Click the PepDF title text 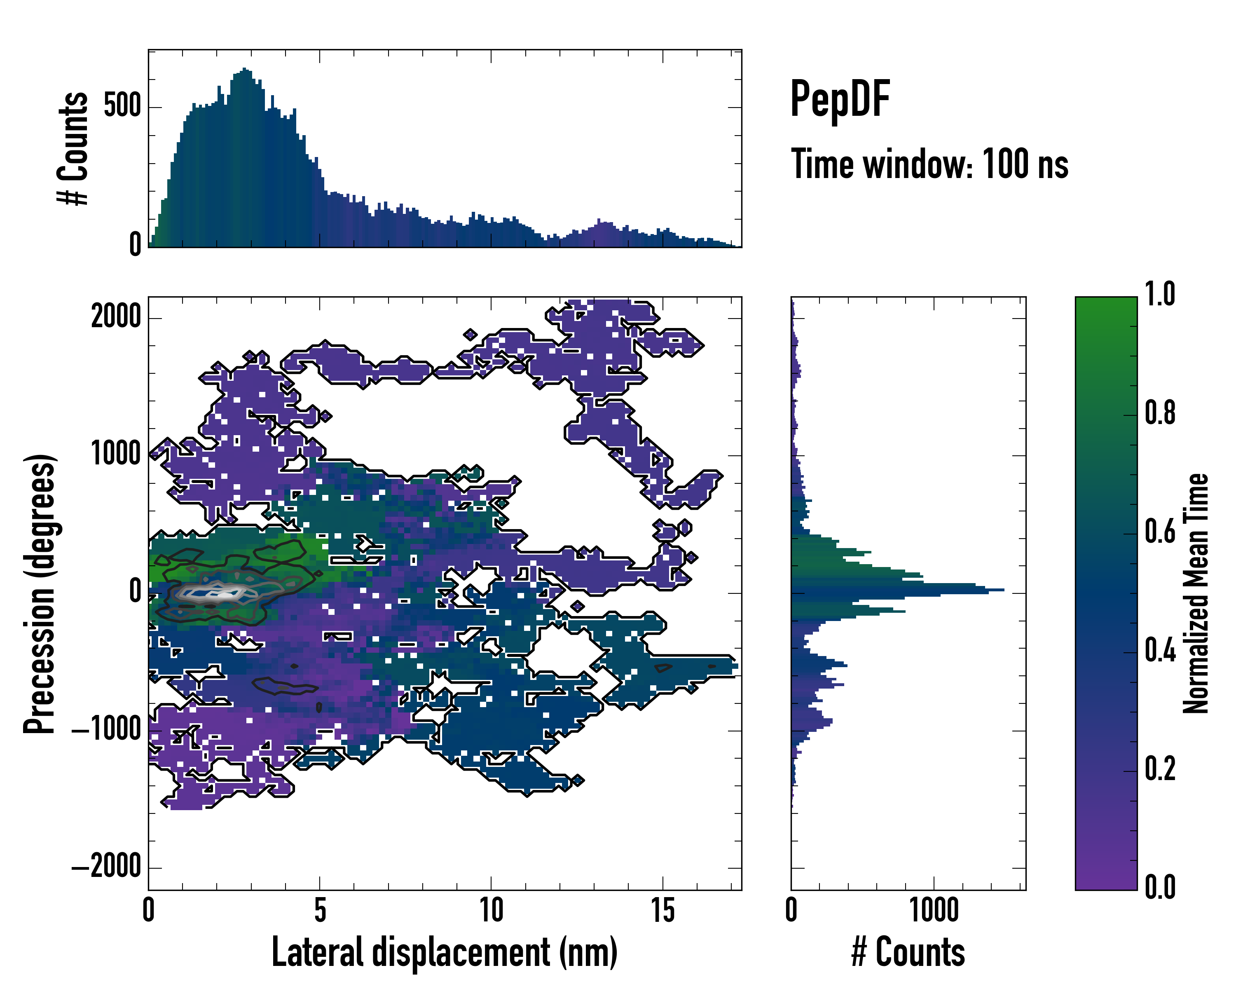(840, 100)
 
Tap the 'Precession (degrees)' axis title (40, 593)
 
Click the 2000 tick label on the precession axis (116, 316)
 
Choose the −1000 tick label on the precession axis (107, 729)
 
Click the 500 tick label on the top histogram (122, 107)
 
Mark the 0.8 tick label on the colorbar (1160, 413)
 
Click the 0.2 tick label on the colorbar (1160, 769)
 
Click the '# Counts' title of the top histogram (73, 148)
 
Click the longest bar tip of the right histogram (1003, 589)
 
